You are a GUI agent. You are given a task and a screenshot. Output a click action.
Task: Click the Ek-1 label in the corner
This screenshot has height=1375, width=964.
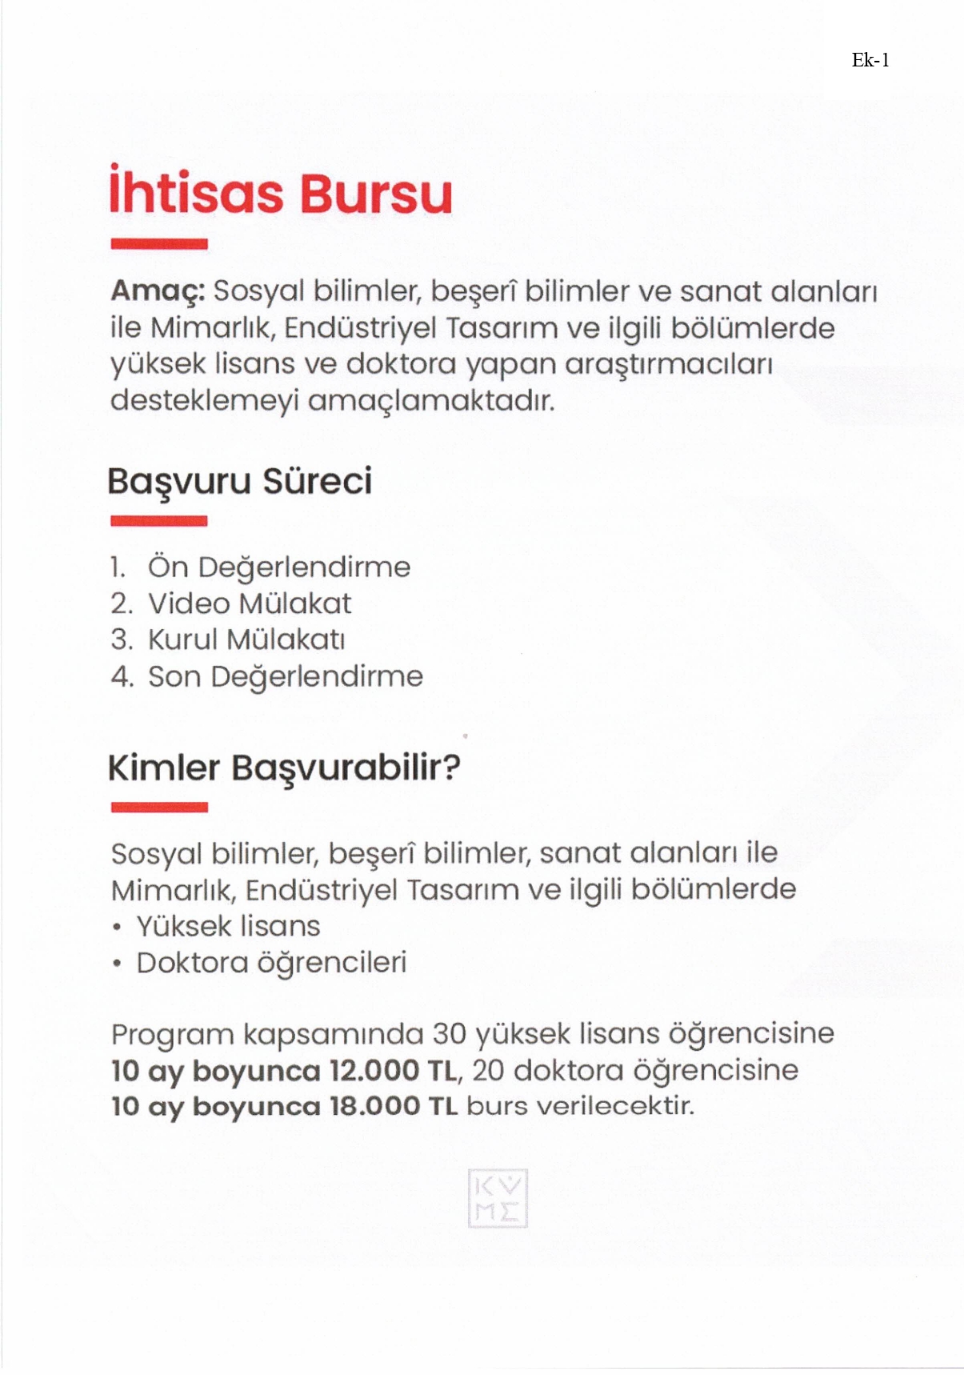click(x=870, y=61)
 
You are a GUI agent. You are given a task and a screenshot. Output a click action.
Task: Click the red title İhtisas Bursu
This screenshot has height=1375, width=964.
click(x=281, y=193)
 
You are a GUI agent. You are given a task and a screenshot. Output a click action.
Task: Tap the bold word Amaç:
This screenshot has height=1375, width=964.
click(x=158, y=291)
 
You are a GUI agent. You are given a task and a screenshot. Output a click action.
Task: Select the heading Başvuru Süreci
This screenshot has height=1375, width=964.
click(x=240, y=482)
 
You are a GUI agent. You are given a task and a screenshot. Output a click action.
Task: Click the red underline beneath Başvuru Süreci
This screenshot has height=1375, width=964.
click(x=159, y=522)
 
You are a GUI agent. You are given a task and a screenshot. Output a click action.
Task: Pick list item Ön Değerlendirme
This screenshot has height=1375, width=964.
click(x=278, y=567)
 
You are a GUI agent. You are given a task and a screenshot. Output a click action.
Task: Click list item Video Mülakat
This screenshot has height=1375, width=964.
click(x=250, y=603)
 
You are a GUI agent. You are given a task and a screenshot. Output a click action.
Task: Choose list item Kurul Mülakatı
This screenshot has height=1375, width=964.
click(x=246, y=639)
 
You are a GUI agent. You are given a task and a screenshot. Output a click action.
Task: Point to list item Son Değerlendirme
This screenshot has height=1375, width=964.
click(x=285, y=676)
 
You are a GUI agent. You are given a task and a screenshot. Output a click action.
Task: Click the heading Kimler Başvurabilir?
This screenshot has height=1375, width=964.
click(x=284, y=768)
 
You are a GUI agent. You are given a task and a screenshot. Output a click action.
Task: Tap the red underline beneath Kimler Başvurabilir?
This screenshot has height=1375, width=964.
click(x=159, y=808)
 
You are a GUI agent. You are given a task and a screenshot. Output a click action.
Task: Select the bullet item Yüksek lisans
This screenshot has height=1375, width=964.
click(x=228, y=926)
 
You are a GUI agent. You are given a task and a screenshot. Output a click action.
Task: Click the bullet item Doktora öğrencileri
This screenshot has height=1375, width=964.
click(x=271, y=962)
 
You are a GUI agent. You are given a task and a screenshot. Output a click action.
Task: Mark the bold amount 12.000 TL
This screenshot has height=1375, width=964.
click(x=392, y=1070)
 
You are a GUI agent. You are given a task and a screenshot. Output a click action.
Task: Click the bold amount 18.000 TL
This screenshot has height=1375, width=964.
click(x=394, y=1106)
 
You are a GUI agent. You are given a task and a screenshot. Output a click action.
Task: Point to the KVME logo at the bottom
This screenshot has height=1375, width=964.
click(x=498, y=1198)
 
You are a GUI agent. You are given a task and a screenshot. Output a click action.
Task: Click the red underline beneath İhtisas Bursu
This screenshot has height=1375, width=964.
click(x=159, y=244)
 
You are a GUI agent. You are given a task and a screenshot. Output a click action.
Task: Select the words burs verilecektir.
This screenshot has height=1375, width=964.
click(x=580, y=1106)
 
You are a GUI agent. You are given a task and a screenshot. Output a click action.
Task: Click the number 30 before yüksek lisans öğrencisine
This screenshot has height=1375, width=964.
click(x=449, y=1034)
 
